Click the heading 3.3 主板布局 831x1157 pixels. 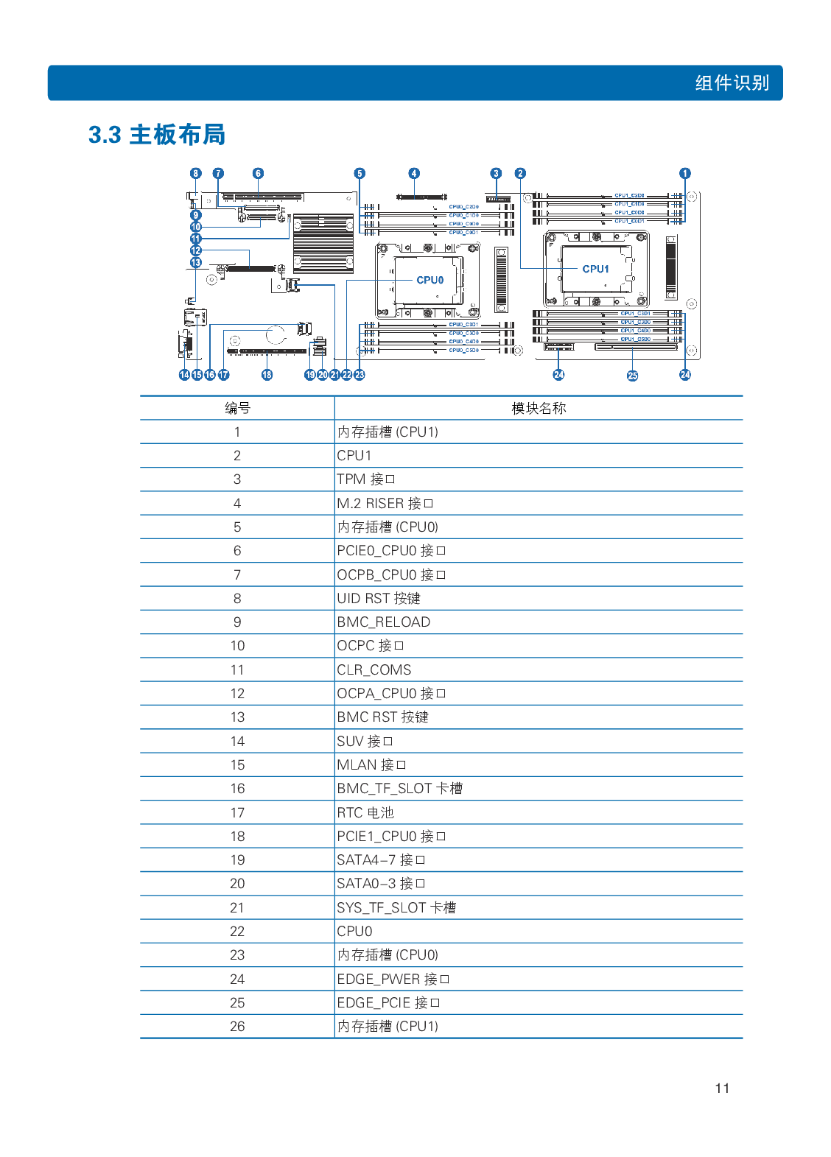coord(156,135)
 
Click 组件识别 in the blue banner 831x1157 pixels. coord(732,82)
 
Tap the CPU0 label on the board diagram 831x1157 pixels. coord(429,280)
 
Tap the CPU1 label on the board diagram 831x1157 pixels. coord(595,269)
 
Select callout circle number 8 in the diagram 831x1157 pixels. coord(195,174)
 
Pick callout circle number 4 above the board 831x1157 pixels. coord(414,174)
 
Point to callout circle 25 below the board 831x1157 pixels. coord(632,376)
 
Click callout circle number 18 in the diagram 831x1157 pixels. coord(267,375)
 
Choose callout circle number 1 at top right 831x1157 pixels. coord(685,174)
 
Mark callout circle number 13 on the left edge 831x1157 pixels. coord(195,262)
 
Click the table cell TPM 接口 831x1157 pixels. coord(366,479)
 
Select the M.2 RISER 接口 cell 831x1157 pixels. coord(385,503)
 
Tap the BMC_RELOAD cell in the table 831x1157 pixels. coord(383,622)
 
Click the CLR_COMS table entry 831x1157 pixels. coord(374,669)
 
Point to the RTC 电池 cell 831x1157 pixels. coord(365,812)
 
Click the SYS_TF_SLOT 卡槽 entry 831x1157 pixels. coord(396,907)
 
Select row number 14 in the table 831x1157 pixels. coord(237,741)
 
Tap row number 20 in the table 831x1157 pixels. coord(237,884)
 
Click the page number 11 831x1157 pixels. coord(722,1088)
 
